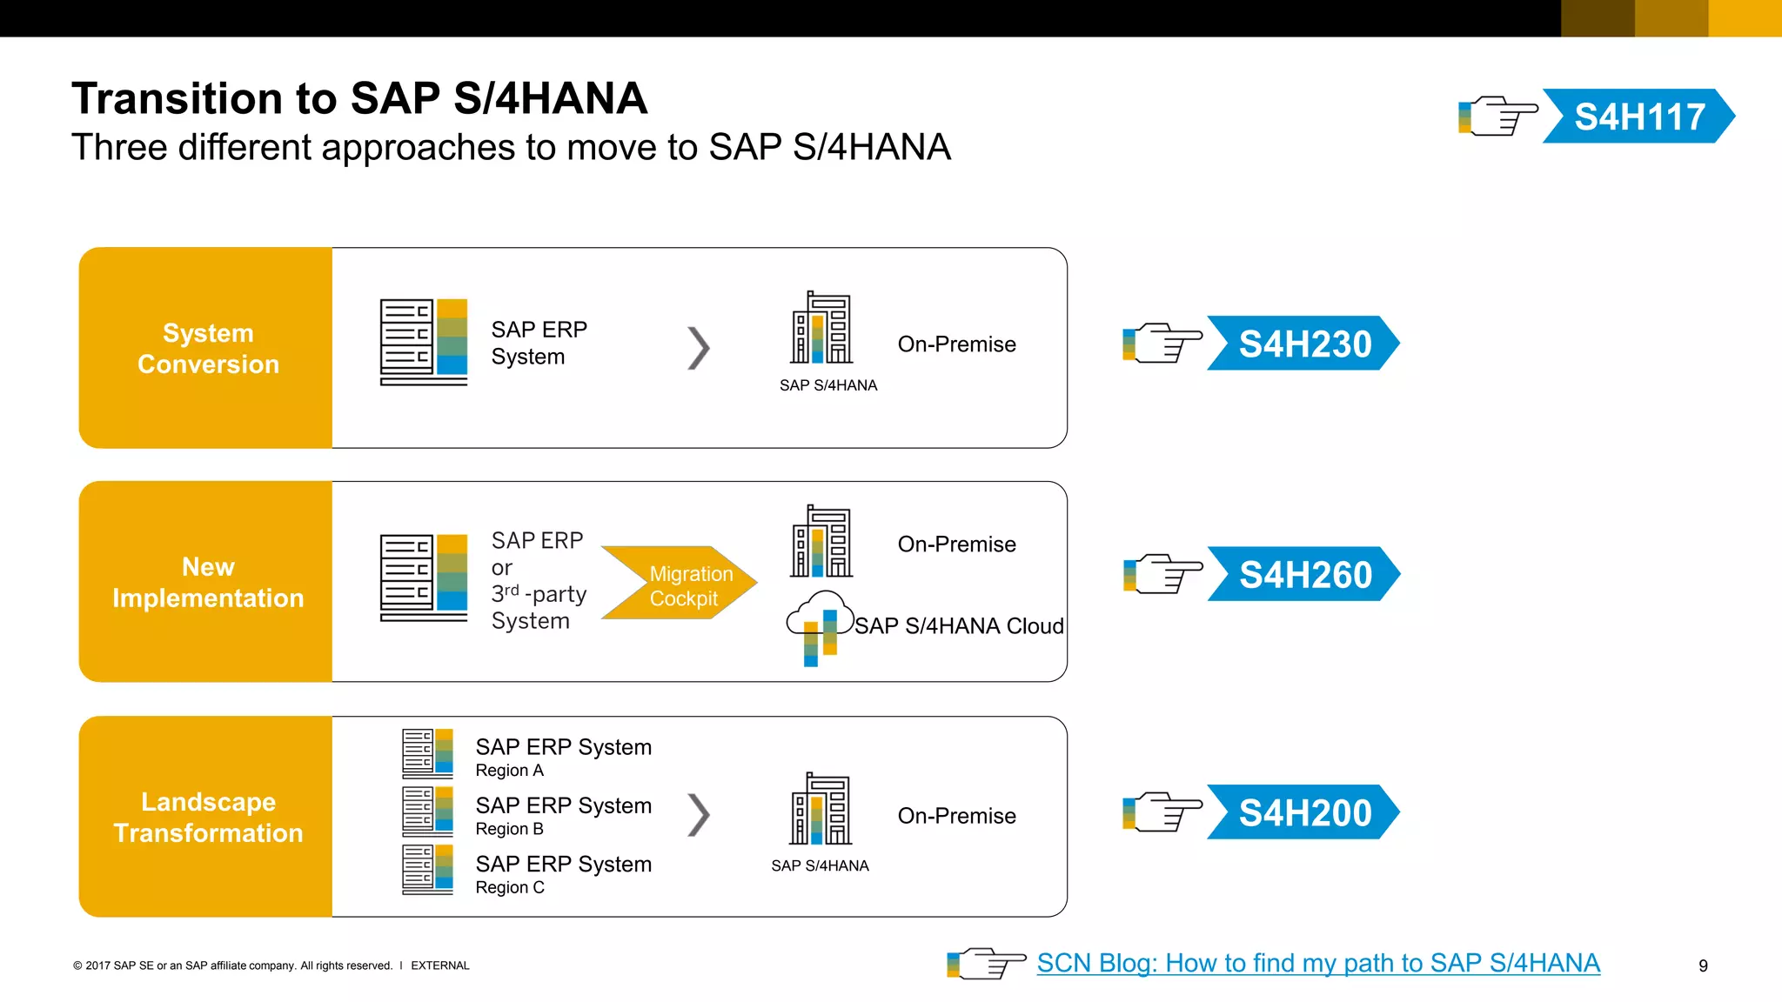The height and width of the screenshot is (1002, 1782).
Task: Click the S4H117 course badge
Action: pos(1638,117)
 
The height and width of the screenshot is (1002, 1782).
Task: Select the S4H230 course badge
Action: pos(1303,344)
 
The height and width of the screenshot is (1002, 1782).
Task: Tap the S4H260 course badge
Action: pos(1303,574)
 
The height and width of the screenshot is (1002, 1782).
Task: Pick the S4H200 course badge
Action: pos(1303,812)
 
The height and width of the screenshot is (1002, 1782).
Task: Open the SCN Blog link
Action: pos(1317,963)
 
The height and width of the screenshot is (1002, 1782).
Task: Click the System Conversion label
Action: pos(208,348)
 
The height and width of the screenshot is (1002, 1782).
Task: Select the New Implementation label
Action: pos(208,582)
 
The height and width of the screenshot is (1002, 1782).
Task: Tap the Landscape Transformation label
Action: pos(208,817)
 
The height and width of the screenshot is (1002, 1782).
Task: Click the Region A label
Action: pos(509,771)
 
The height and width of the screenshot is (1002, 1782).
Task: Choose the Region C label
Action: pos(510,887)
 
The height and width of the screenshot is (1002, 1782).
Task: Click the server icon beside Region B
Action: pos(427,811)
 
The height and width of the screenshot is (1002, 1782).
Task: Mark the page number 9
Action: pos(1703,965)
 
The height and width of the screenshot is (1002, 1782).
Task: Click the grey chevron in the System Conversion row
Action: pos(699,348)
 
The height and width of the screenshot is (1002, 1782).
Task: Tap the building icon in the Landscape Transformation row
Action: pos(821,809)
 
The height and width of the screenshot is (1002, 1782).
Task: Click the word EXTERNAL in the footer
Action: pos(439,965)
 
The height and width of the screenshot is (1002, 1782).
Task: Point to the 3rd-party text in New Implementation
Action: pos(539,594)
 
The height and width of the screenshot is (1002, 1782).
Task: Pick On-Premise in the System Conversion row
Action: pos(956,344)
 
